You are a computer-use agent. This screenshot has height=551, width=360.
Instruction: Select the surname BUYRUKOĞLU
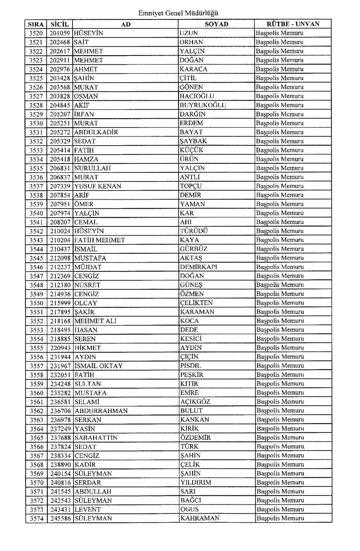click(204, 105)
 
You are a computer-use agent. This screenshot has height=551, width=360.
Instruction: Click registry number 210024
click(61, 231)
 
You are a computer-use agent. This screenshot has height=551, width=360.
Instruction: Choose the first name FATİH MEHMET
click(99, 240)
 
